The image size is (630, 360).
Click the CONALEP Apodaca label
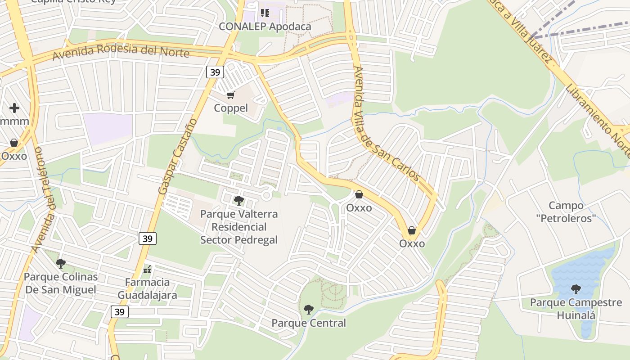click(x=265, y=27)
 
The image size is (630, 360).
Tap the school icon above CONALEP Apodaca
click(x=265, y=13)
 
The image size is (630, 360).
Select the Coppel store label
click(x=230, y=108)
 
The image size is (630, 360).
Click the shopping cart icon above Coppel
click(x=231, y=95)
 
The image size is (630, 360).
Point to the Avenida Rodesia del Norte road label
click(x=121, y=50)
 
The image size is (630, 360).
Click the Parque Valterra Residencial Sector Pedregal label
click(x=239, y=227)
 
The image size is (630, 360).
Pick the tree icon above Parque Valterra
click(x=238, y=200)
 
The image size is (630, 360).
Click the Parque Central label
click(x=309, y=323)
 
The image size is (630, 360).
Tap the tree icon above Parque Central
click(x=308, y=310)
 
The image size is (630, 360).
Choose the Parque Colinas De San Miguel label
click(x=61, y=283)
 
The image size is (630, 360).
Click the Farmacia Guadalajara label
click(x=147, y=288)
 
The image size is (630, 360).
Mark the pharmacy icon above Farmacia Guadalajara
click(x=147, y=270)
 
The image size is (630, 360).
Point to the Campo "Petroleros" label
click(x=566, y=212)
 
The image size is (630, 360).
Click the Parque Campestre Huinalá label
click(x=576, y=308)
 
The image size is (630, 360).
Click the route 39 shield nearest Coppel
click(x=215, y=72)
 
